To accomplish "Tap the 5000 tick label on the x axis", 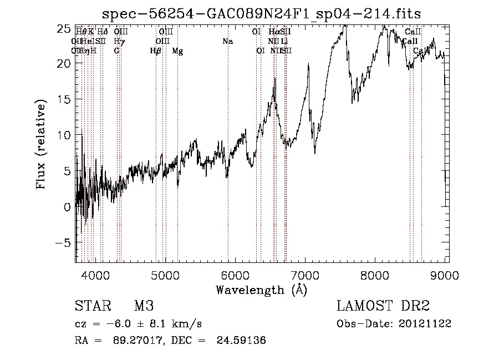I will point(165,273).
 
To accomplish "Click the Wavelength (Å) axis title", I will point(261,290).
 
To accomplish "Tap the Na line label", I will point(227,42).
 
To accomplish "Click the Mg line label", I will point(177,51).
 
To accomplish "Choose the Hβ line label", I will point(156,51).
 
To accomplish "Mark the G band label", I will point(116,51).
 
